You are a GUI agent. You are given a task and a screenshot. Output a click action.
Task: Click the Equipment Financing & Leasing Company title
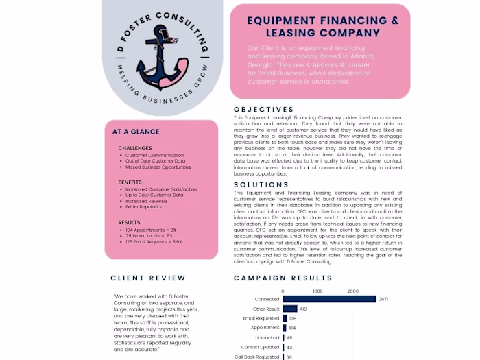pyautogui.click(x=322, y=27)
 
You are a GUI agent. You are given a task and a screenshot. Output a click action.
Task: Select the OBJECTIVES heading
pyautogui.click(x=263, y=110)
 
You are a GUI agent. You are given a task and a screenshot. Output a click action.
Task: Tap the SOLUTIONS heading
pyautogui.click(x=261, y=185)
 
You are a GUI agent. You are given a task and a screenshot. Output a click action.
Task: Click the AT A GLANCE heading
pyautogui.click(x=136, y=132)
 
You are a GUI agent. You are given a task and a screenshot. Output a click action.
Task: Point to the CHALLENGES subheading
pyautogui.click(x=135, y=148)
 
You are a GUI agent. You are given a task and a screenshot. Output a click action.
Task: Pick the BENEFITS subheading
pyautogui.click(x=130, y=182)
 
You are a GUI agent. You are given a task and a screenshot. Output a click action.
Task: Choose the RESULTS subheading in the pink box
pyautogui.click(x=129, y=223)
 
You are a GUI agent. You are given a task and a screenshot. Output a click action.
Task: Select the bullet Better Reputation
pyautogui.click(x=145, y=206)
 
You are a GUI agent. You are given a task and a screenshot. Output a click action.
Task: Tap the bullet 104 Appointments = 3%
pyautogui.click(x=151, y=230)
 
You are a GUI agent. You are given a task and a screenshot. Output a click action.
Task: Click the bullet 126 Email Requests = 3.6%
pyautogui.click(x=154, y=241)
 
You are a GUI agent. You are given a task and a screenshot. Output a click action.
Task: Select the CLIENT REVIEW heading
pyautogui.click(x=148, y=278)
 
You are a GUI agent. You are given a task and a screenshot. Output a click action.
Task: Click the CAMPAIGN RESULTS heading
pyautogui.click(x=283, y=278)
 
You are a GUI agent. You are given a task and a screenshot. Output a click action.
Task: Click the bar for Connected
pyautogui.click(x=329, y=299)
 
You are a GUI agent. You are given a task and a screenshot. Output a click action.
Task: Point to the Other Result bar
pyautogui.click(x=289, y=309)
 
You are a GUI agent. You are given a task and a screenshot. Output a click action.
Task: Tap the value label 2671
pyautogui.click(x=383, y=299)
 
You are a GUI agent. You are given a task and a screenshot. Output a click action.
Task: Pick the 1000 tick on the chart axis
pyautogui.click(x=317, y=291)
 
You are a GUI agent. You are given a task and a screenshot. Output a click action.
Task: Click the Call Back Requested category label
pyautogui.click(x=257, y=357)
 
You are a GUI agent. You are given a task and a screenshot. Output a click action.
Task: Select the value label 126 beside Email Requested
pyautogui.click(x=293, y=318)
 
